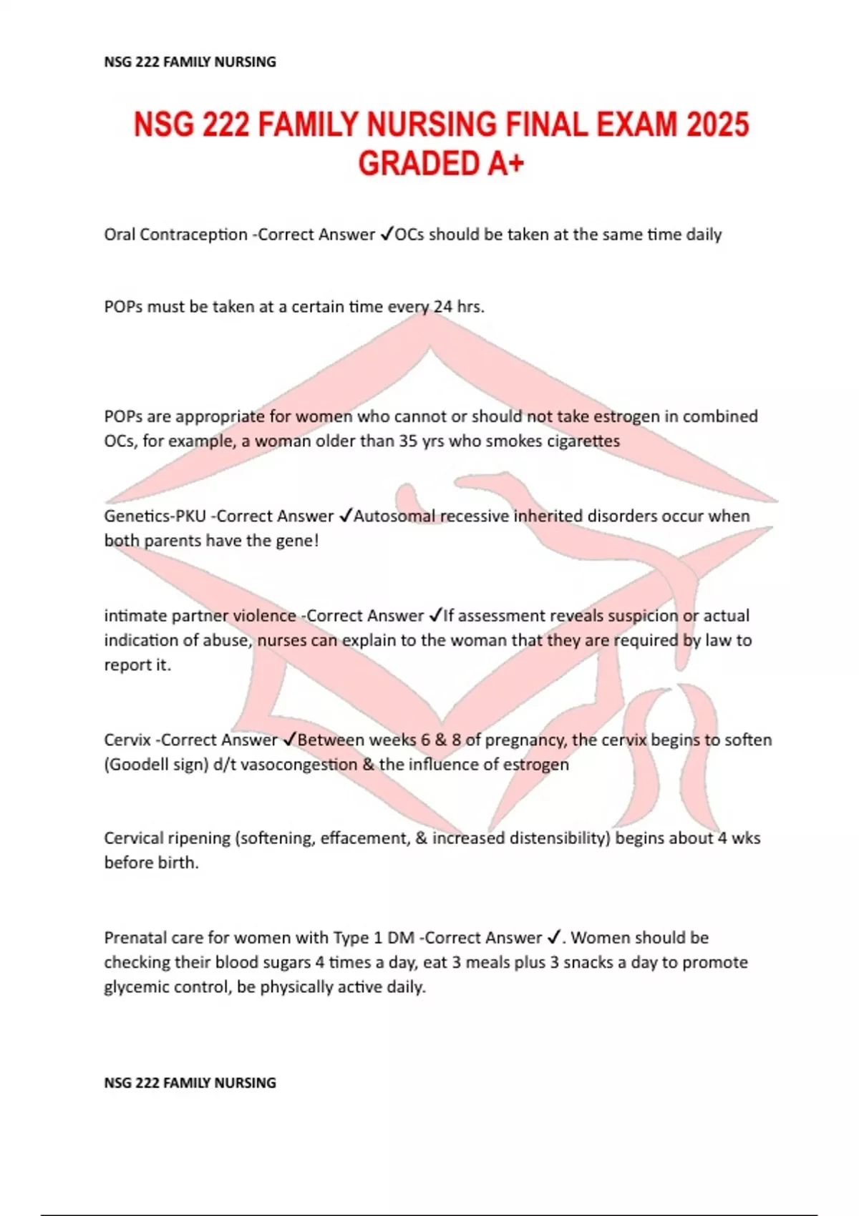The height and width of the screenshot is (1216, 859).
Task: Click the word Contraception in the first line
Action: tap(193, 235)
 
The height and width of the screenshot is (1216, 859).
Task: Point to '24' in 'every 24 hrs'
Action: tap(443, 307)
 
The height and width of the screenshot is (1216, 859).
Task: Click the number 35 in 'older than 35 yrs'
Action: tap(408, 441)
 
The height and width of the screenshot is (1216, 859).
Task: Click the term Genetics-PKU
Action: tap(155, 516)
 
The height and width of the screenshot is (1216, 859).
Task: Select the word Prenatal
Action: tap(133, 938)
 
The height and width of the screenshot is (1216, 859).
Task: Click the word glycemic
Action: tap(133, 987)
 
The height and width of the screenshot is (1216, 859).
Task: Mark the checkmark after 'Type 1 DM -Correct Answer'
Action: tap(553, 938)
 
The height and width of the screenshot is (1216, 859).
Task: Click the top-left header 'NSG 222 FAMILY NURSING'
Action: tap(190, 62)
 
